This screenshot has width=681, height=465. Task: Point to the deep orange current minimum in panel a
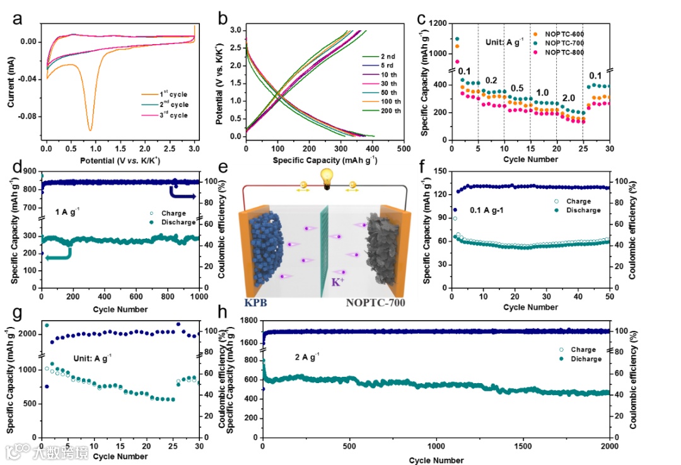pos(90,129)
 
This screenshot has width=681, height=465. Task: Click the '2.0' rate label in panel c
pos(568,99)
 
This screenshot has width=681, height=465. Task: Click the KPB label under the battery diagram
pos(255,302)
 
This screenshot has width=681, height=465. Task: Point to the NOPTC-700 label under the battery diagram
pos(376,302)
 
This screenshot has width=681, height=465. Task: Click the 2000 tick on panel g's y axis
pos(28,333)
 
